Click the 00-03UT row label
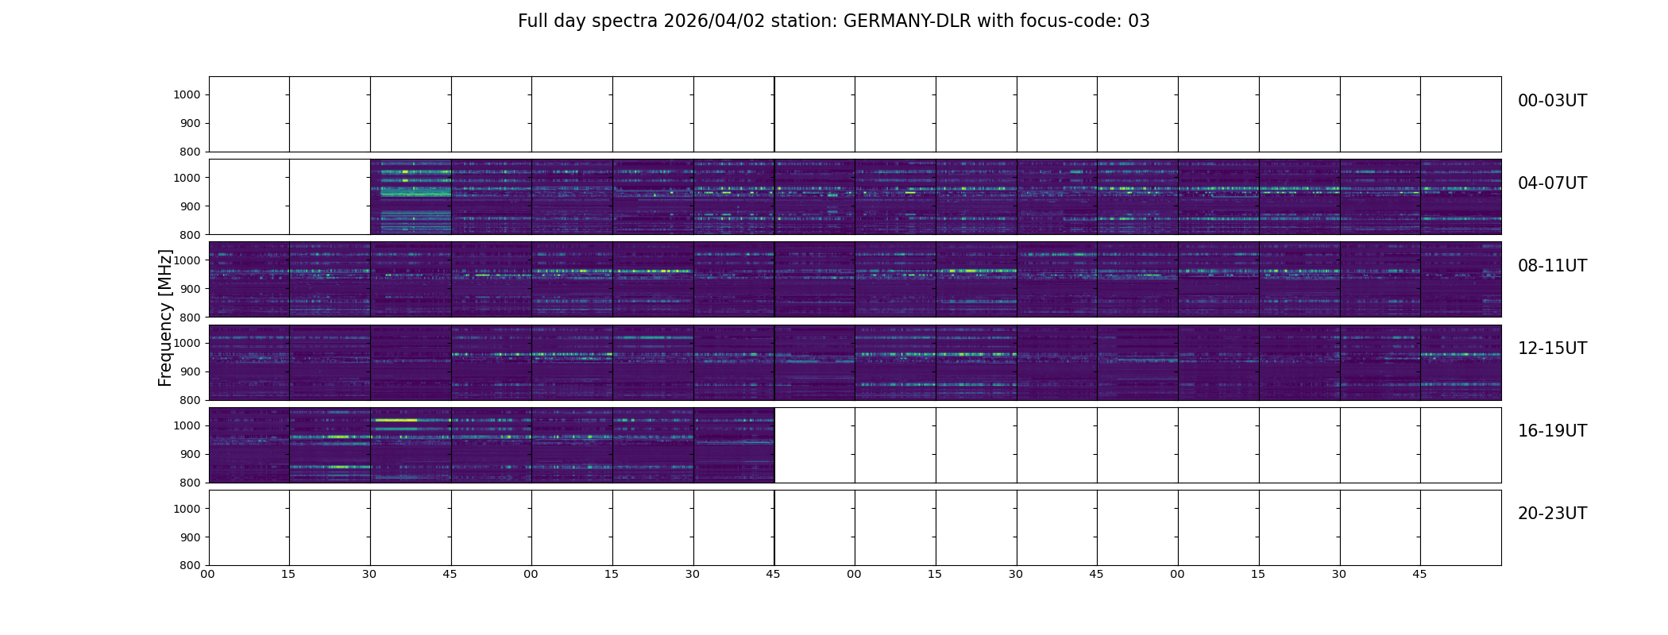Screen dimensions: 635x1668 (x=1552, y=101)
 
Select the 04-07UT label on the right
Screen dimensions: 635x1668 (x=1552, y=183)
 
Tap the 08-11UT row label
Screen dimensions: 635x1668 (x=1552, y=266)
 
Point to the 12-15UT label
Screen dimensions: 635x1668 (x=1552, y=348)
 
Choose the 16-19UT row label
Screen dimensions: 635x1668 (x=1552, y=431)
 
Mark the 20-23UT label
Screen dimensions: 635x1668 (x=1552, y=514)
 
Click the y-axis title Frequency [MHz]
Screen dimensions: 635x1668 (x=165, y=317)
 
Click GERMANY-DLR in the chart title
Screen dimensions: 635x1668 (x=907, y=21)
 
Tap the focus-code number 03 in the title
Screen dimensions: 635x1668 (x=1139, y=21)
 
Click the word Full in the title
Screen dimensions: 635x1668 (x=533, y=21)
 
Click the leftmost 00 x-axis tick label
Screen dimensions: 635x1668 (x=207, y=574)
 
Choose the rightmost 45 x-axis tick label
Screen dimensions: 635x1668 (x=1419, y=574)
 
